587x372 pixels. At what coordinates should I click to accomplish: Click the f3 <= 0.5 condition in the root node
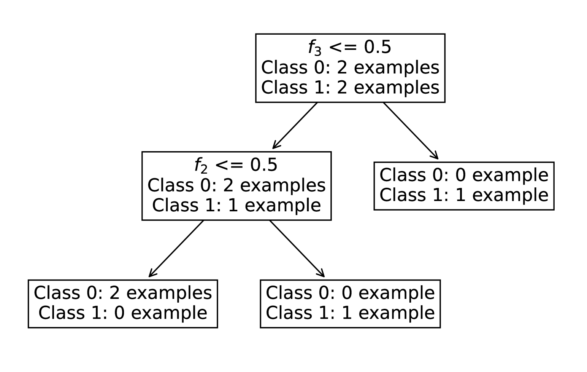pos(350,47)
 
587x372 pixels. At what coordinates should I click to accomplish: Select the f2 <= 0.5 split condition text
pos(236,165)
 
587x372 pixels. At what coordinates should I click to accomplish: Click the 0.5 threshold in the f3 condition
pos(377,47)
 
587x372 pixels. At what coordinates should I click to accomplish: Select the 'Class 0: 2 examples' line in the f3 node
pos(350,68)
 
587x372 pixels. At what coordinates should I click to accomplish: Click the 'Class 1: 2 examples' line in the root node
pos(350,88)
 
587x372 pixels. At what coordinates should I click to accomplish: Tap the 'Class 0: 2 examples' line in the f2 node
pos(236,186)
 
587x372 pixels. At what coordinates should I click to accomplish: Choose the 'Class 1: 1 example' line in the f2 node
pos(236,206)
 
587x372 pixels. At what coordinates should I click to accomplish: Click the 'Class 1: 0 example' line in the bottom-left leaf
pos(123,313)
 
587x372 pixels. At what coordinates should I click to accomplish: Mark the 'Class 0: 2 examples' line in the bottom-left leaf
pos(123,293)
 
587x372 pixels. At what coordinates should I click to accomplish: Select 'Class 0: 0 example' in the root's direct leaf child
pos(464,176)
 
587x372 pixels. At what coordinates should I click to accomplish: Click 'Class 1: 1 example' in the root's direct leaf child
pos(464,195)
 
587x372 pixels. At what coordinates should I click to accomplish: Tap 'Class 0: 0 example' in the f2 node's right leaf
pos(350,293)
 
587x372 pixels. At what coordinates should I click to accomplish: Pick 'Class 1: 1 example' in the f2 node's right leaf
pos(350,313)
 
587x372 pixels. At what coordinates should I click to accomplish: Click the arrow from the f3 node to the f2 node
pos(295,126)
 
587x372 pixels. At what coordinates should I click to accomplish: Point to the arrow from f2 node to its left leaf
pos(176,249)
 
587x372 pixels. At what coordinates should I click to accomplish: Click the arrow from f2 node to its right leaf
pos(297,249)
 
